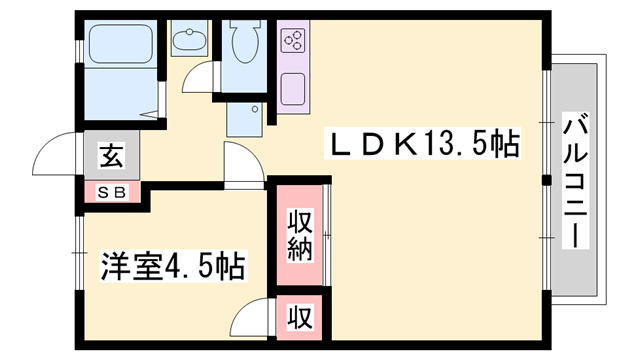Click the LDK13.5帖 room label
tap(424, 146)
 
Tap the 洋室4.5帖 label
tap(172, 268)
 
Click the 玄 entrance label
tap(110, 156)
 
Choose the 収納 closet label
tap(298, 234)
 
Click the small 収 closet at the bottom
tap(298, 317)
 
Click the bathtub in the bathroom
tap(120, 46)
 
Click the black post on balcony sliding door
tap(546, 180)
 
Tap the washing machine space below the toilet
tap(243, 119)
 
